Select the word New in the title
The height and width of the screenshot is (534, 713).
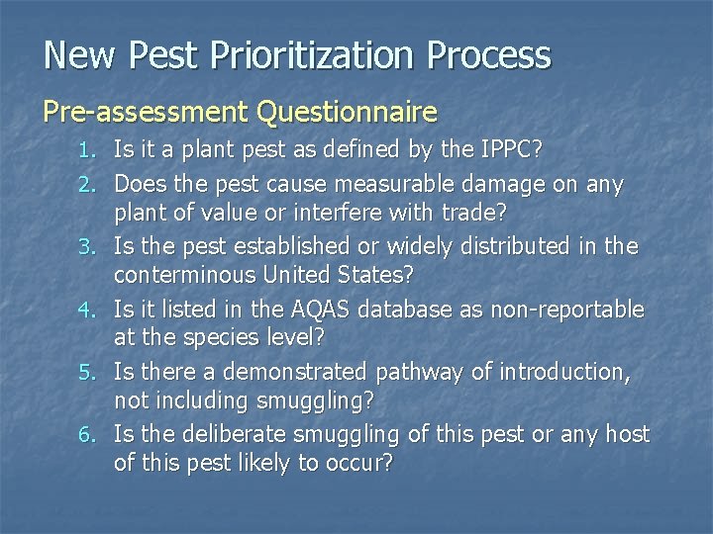pyautogui.click(x=79, y=55)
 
